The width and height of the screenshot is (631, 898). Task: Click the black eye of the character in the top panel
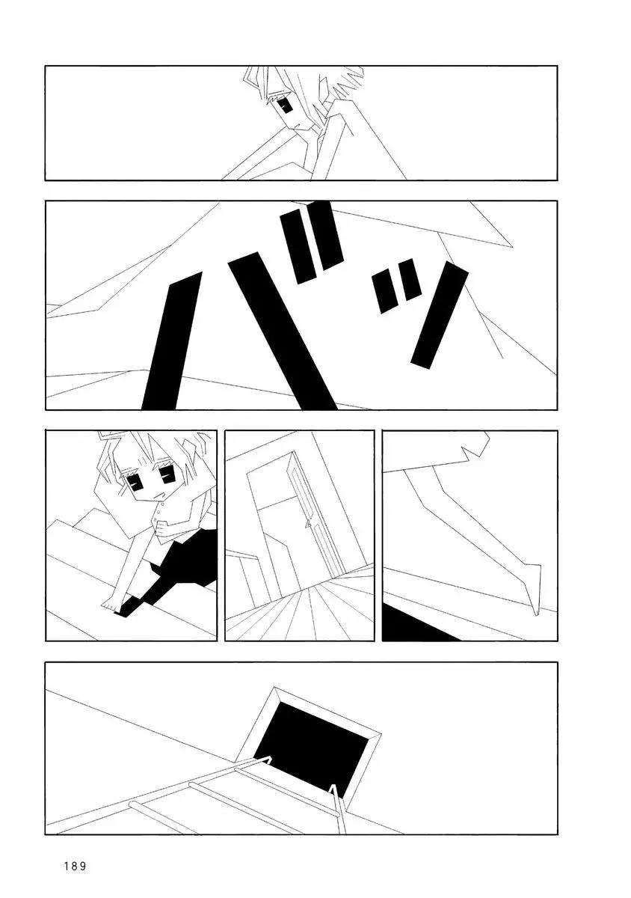(286, 106)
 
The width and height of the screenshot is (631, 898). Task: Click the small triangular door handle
(308, 524)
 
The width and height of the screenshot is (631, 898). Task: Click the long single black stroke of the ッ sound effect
(440, 315)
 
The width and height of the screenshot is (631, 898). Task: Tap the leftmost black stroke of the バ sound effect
(171, 340)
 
